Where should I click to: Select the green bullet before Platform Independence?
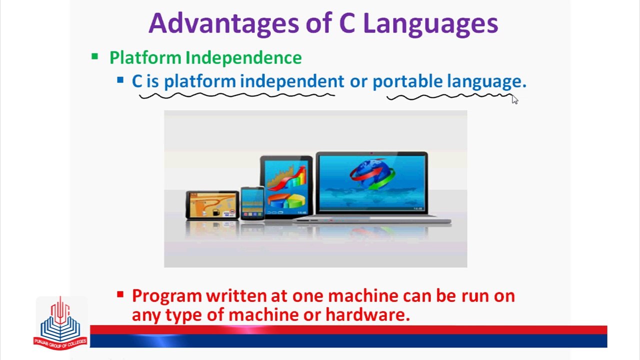94,56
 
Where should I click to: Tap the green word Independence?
243,57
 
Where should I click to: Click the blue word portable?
407,81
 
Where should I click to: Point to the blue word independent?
292,81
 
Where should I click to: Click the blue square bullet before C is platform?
120,80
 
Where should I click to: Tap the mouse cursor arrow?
514,99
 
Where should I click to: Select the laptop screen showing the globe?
371,182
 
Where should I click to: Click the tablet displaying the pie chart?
286,186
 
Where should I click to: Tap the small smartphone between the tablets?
252,203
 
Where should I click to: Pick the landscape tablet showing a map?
212,205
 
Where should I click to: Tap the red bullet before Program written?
120,294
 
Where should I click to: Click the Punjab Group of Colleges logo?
60,322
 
